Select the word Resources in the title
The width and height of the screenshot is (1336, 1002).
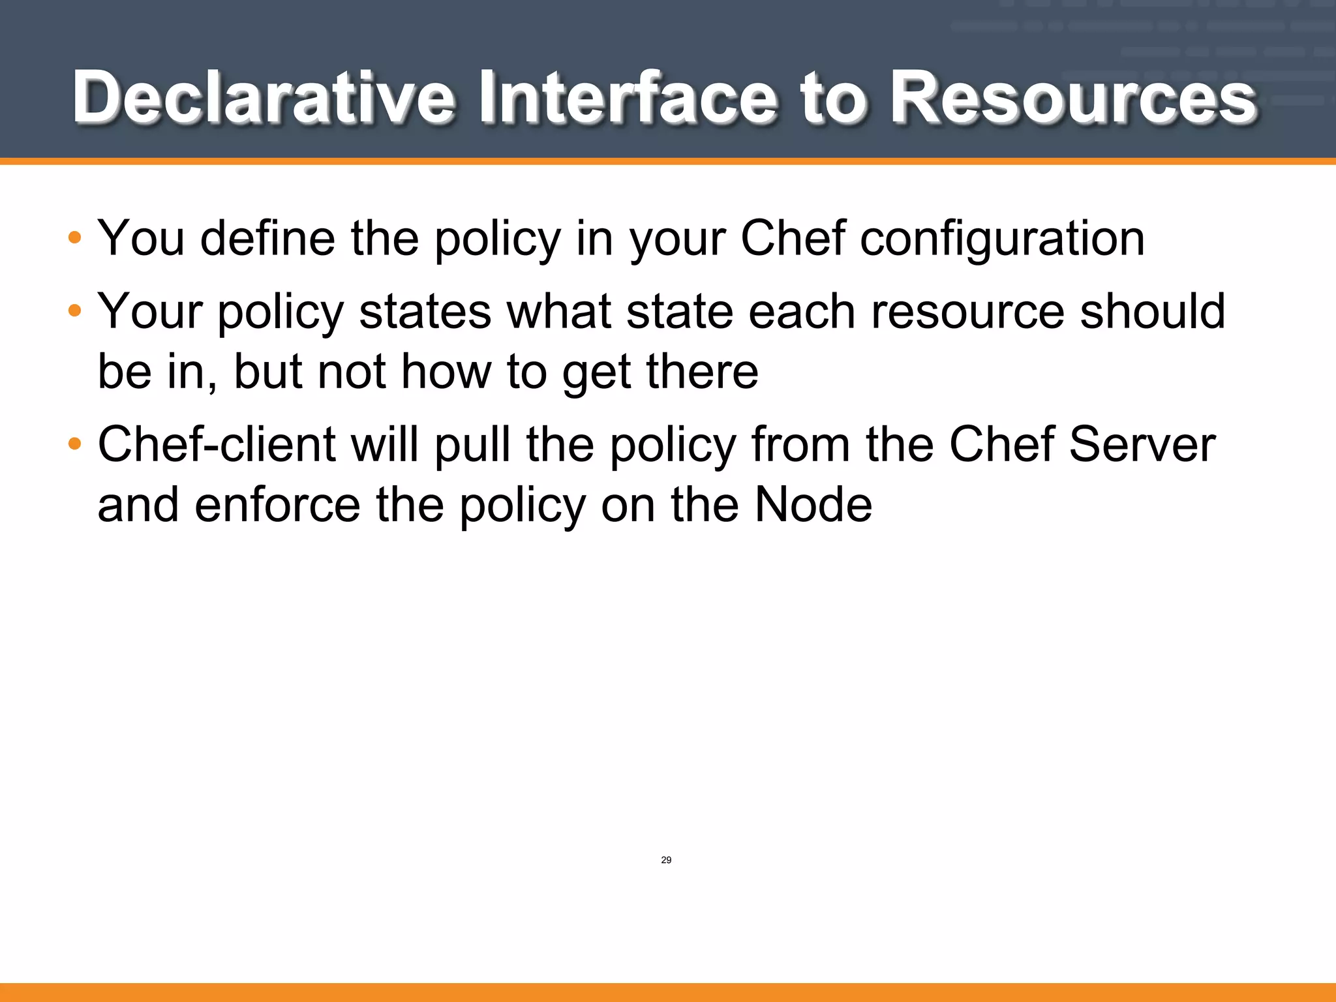pyautogui.click(x=1074, y=98)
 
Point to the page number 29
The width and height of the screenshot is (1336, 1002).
pyautogui.click(x=666, y=860)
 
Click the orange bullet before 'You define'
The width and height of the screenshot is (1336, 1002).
pyautogui.click(x=75, y=237)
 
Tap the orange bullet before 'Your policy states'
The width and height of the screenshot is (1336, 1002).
pyautogui.click(x=75, y=311)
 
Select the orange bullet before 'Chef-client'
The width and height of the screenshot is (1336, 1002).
pyautogui.click(x=75, y=444)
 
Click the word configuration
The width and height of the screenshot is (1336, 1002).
pyautogui.click(x=1002, y=239)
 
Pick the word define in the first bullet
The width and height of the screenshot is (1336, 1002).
pyautogui.click(x=267, y=239)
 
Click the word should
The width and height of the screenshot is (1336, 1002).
pyautogui.click(x=1153, y=311)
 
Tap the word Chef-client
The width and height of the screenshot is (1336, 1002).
pyautogui.click(x=217, y=445)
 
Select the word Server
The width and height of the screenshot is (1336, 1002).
pyautogui.click(x=1142, y=445)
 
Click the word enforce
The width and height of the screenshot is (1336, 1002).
pyautogui.click(x=277, y=505)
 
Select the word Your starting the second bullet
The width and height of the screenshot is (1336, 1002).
pyautogui.click(x=150, y=311)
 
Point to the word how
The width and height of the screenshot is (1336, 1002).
pyautogui.click(x=446, y=372)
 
